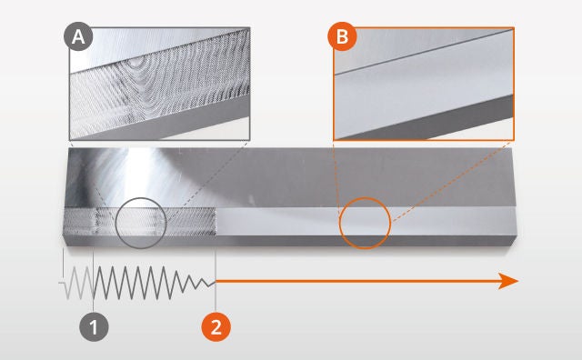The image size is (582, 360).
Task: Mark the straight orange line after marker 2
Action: click(355, 281)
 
